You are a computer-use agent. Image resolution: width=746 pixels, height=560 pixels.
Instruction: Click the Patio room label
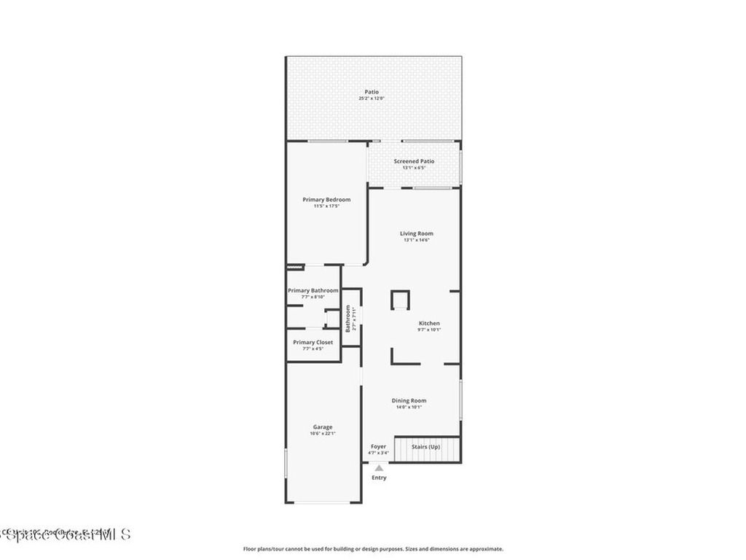372,92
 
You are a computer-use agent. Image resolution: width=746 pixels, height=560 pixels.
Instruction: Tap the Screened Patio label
414,161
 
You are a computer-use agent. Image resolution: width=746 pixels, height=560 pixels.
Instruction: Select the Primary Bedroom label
326,200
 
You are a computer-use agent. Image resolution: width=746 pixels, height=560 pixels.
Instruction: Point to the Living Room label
416,233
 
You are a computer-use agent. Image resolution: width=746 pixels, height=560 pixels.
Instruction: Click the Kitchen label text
429,323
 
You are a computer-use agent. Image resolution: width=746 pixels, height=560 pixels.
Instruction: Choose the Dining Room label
409,400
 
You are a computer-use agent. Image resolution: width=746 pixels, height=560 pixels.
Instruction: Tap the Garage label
323,427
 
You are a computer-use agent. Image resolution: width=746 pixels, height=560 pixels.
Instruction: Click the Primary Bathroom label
313,290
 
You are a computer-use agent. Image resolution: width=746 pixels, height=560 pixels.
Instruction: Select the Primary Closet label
313,342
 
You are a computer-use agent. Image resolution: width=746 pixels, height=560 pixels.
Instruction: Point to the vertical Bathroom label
348,318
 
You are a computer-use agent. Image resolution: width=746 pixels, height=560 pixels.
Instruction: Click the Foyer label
378,446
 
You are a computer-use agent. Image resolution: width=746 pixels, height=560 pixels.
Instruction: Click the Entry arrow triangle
379,468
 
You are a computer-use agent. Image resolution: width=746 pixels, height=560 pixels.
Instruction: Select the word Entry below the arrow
379,478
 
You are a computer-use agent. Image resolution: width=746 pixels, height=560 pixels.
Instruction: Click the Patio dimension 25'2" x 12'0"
372,98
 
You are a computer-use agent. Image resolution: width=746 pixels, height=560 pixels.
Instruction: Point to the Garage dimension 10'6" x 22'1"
323,434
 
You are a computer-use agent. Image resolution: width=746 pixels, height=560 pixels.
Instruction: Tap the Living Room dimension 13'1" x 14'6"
416,240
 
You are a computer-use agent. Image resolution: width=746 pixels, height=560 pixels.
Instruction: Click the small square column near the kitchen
400,300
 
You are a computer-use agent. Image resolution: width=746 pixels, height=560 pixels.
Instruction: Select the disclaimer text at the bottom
372,549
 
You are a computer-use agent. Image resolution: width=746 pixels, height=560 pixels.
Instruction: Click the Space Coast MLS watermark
66,534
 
